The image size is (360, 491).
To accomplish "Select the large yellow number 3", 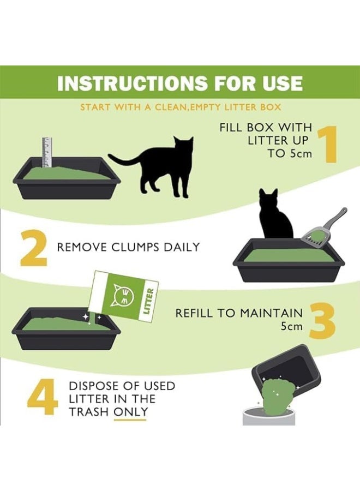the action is tap(323, 321).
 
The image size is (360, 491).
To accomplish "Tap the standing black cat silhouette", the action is tap(157, 166).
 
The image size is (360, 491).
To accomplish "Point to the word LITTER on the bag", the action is tap(149, 301).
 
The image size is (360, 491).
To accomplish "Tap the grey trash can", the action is tap(269, 416).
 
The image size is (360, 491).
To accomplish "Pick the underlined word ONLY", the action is tap(130, 411).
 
